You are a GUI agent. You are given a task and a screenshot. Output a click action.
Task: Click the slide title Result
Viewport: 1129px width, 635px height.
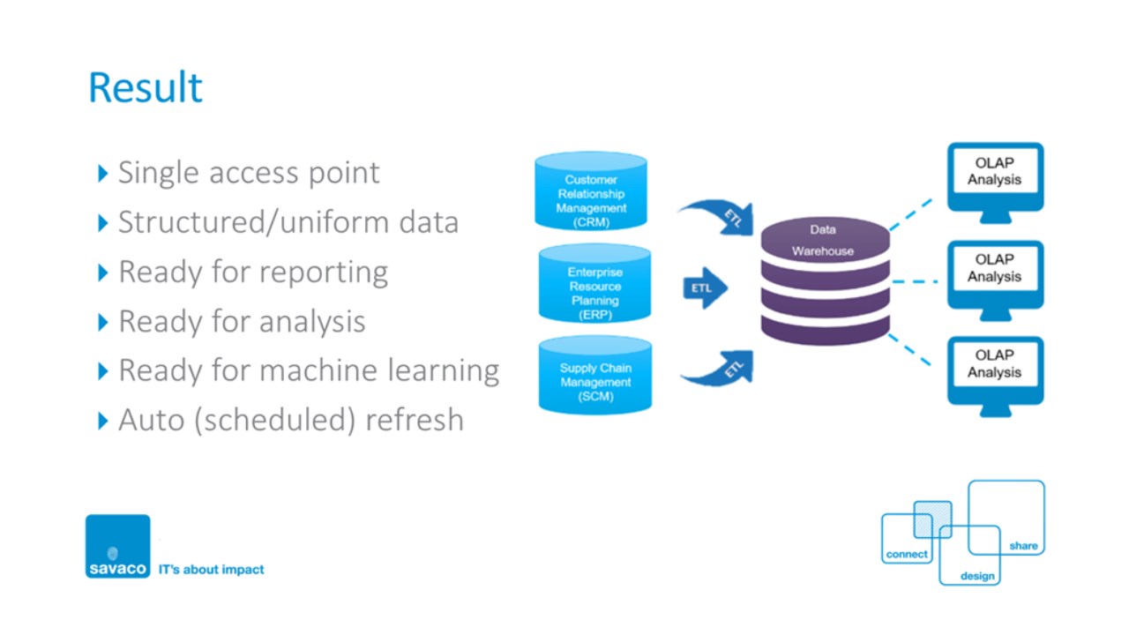click(146, 88)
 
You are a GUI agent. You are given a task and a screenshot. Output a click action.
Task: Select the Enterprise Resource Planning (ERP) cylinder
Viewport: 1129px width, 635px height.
click(594, 287)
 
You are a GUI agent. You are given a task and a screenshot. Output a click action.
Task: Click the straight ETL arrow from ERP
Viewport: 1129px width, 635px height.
click(705, 288)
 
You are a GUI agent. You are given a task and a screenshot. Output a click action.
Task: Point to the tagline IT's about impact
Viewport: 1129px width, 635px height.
click(211, 570)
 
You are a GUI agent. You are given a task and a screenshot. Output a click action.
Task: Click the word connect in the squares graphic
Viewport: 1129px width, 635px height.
click(907, 555)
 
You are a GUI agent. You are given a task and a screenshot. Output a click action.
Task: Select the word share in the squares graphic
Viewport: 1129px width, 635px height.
click(1023, 546)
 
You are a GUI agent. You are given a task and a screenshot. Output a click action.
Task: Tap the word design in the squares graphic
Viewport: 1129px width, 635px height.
click(977, 576)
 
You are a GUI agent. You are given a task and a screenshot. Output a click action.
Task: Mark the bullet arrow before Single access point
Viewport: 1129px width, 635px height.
click(104, 173)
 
